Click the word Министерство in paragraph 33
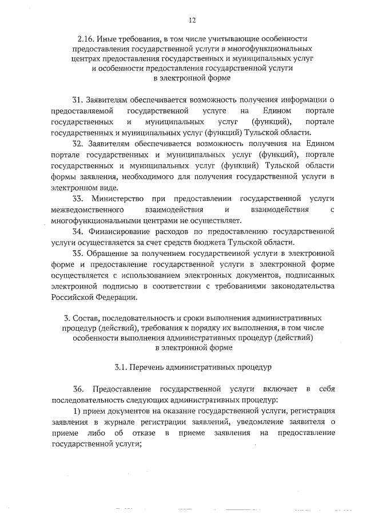[117, 199]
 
